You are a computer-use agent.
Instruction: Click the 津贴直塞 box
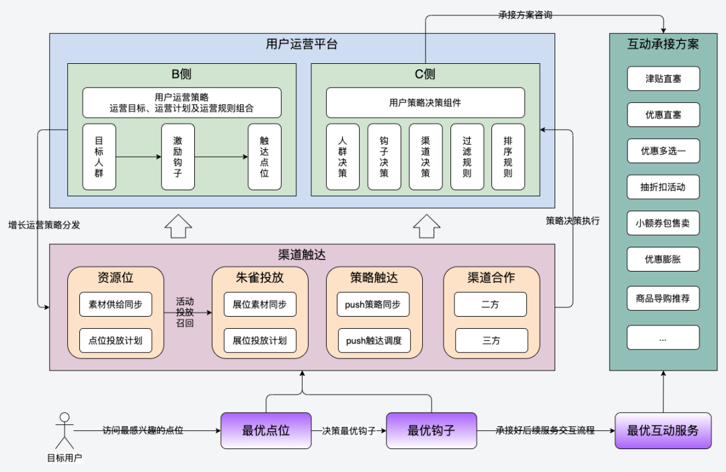click(663, 79)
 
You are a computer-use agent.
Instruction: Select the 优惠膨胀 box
click(663, 259)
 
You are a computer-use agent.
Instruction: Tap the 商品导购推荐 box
click(663, 298)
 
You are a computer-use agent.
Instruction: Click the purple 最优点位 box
click(266, 430)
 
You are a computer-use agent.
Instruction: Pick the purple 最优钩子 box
click(431, 430)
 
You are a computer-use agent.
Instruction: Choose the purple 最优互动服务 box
click(663, 430)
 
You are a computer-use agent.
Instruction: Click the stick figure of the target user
click(65, 430)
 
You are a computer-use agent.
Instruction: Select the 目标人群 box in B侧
click(99, 157)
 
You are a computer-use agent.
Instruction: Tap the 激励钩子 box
click(177, 157)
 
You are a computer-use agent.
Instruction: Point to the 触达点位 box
click(264, 157)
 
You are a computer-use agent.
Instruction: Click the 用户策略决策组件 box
click(425, 103)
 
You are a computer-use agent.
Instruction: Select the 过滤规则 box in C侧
click(467, 157)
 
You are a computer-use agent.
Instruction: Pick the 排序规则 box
click(508, 157)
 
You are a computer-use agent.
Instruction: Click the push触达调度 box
click(374, 341)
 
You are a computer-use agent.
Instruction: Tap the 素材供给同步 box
click(115, 305)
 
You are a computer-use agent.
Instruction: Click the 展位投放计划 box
click(259, 341)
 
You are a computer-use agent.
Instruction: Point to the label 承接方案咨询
click(526, 15)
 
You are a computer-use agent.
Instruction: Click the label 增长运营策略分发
click(44, 225)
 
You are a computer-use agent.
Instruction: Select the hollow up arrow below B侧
click(177, 227)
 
